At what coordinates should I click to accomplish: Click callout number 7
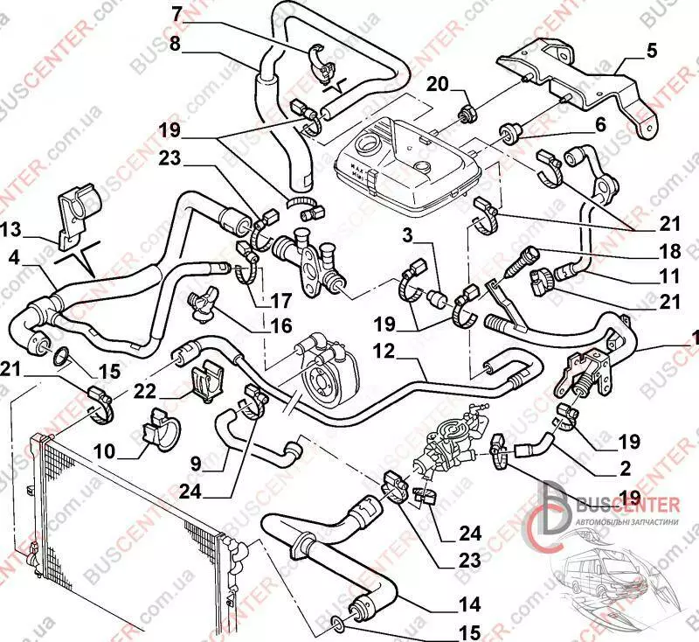(x=176, y=13)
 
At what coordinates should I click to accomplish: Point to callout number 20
(x=437, y=84)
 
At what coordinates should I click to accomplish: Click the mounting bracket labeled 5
(x=577, y=79)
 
